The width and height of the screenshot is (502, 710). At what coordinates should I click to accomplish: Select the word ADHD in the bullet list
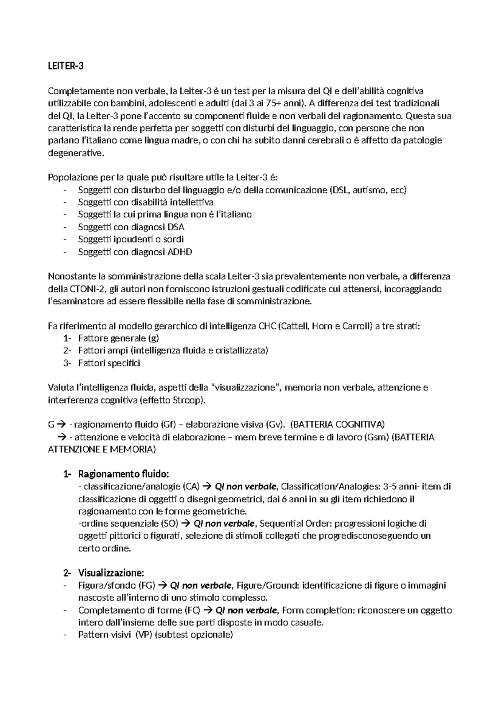(x=179, y=252)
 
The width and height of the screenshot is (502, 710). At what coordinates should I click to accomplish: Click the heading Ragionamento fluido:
(x=123, y=474)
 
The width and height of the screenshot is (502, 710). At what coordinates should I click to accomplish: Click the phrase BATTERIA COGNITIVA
(x=338, y=424)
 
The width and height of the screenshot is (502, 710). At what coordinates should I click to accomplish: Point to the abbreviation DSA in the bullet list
(x=176, y=227)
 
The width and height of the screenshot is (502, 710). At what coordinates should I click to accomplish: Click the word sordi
(x=173, y=239)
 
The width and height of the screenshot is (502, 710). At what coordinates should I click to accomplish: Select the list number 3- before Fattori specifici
(x=67, y=363)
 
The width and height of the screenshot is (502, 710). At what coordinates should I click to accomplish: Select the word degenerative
(x=75, y=153)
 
